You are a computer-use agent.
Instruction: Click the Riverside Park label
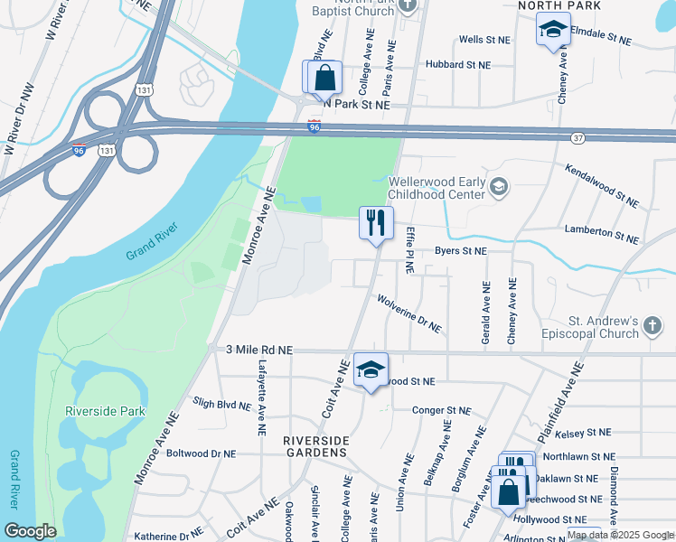(105, 411)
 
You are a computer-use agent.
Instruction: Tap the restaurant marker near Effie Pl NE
(376, 222)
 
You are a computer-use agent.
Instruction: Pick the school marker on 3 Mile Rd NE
(371, 369)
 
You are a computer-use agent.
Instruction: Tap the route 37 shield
(577, 137)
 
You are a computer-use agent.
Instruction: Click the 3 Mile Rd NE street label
(259, 349)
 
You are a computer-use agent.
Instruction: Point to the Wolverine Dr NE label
(408, 313)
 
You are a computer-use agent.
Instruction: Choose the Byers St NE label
(460, 250)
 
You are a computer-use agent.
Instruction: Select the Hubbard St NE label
(461, 65)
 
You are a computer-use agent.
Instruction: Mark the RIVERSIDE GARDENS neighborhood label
(315, 447)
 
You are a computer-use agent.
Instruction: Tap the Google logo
(30, 530)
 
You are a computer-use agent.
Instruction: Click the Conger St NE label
(441, 410)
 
